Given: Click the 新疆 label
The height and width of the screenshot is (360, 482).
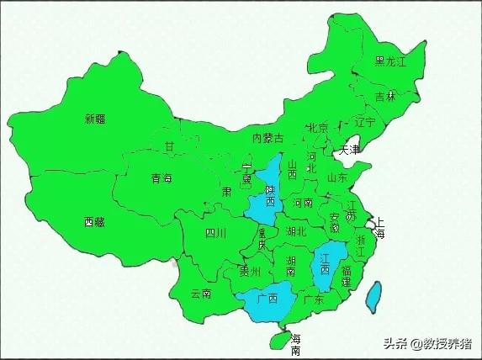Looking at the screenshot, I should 95,119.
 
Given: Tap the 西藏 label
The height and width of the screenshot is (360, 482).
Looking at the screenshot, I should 95,222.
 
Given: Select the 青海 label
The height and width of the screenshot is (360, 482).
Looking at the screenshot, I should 162,178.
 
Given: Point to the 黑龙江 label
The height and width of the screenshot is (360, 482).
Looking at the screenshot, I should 390,61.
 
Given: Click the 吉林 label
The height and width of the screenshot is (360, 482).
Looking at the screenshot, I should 385,97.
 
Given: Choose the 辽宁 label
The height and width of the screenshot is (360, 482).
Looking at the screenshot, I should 365,122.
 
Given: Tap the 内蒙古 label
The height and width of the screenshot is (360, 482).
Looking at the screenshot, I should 268,137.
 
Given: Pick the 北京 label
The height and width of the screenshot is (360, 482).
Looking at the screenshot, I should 317,129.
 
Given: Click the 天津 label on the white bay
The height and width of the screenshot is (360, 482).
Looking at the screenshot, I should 349,151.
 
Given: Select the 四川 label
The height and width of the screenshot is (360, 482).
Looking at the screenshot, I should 215,233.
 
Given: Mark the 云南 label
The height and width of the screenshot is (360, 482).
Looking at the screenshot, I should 200,293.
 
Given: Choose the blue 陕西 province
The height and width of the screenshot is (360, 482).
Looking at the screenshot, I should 266,198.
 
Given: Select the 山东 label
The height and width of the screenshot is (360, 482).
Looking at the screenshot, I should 337,177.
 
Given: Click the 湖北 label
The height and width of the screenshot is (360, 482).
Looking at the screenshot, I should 296,230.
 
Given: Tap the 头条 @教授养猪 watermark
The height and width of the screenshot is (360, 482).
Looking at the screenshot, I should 427,343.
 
